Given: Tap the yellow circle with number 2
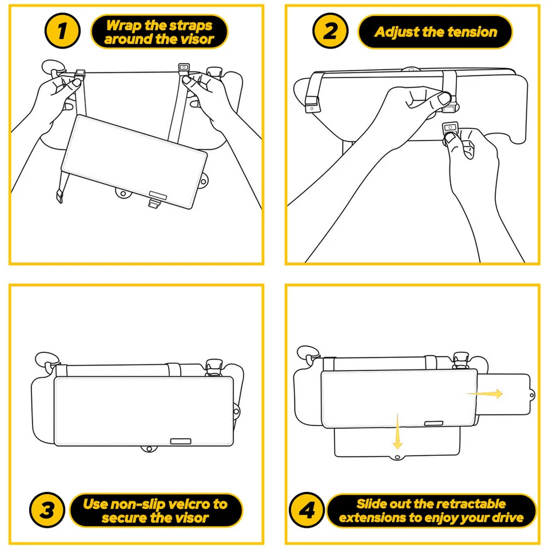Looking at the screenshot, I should (x=331, y=32).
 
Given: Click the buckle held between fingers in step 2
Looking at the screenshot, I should (x=451, y=130).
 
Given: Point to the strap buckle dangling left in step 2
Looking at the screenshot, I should (x=311, y=106).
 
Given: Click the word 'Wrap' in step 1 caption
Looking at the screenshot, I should (x=123, y=26).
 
